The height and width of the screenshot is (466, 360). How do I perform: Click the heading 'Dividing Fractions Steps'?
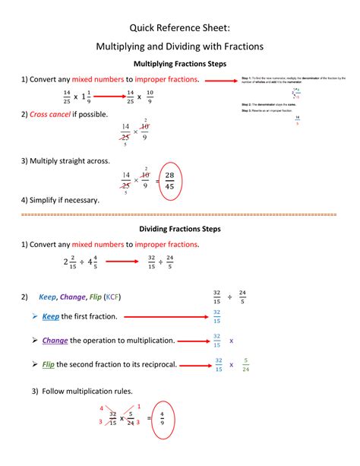(x=179, y=228)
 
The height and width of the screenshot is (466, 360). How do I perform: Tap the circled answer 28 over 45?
(x=169, y=180)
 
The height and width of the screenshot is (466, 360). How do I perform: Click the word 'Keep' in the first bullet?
(x=51, y=316)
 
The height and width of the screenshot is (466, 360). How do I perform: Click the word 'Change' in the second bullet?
(x=55, y=340)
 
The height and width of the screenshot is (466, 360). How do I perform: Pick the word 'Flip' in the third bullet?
(x=49, y=364)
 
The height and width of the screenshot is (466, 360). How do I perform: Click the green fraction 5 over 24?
(x=245, y=365)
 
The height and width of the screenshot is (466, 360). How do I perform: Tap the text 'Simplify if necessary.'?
(x=64, y=200)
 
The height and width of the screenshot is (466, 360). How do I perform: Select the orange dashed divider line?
(x=179, y=214)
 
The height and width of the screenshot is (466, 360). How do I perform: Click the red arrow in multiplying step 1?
(x=104, y=97)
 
